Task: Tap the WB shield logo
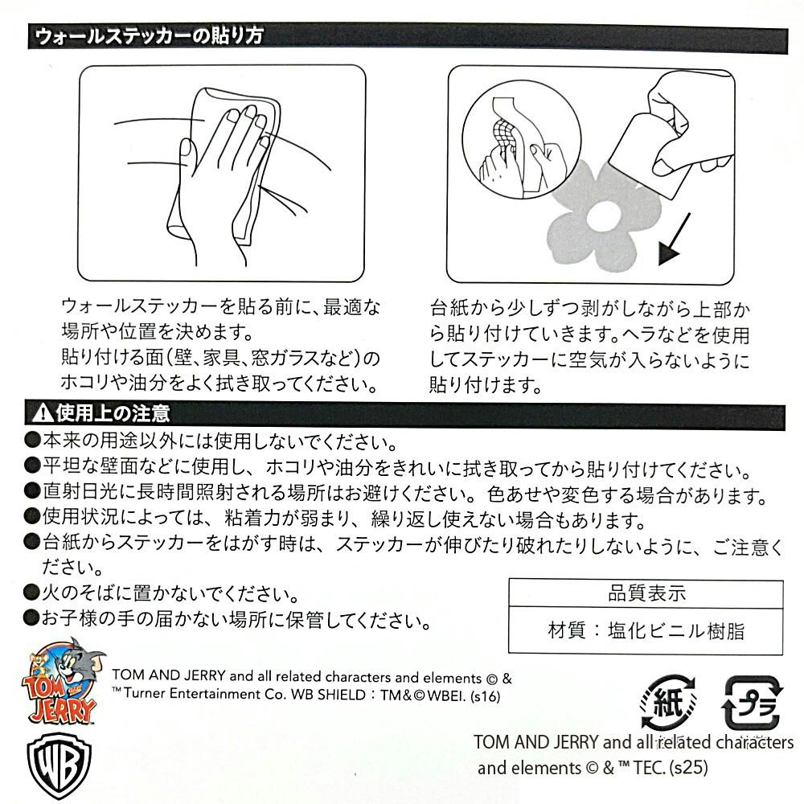pyautogui.click(x=59, y=765)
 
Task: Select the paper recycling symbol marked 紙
pyautogui.click(x=667, y=702)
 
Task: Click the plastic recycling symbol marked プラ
pyautogui.click(x=753, y=702)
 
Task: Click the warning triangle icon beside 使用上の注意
pyautogui.click(x=42, y=412)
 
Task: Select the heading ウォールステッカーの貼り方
pyautogui.click(x=150, y=36)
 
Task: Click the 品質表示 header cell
pyautogui.click(x=646, y=593)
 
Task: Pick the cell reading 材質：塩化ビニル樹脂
pyautogui.click(x=646, y=630)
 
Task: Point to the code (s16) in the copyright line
pyautogui.click(x=485, y=695)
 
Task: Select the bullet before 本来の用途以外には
pyautogui.click(x=32, y=440)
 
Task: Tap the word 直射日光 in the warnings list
pyautogui.click(x=80, y=491)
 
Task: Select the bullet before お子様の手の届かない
pyautogui.click(x=32, y=617)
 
